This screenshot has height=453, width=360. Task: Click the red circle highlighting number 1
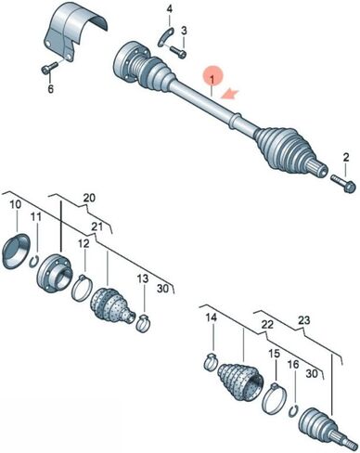pyautogui.click(x=212, y=76)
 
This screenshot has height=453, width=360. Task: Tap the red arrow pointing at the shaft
pyautogui.click(x=229, y=94)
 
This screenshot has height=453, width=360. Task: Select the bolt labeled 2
pyautogui.click(x=341, y=183)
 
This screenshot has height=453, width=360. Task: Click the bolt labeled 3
pyautogui.click(x=178, y=52)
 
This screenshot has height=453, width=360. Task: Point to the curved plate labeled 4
pyautogui.click(x=165, y=37)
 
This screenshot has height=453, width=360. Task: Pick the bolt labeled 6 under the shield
pyautogui.click(x=49, y=68)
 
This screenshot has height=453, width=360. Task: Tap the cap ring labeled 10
pyautogui.click(x=16, y=252)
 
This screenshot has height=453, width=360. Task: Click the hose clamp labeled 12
pyautogui.click(x=82, y=289)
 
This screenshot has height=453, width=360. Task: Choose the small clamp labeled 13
pyautogui.click(x=143, y=324)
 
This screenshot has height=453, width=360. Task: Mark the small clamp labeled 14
pyautogui.click(x=212, y=361)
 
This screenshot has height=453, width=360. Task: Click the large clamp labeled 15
pyautogui.click(x=273, y=398)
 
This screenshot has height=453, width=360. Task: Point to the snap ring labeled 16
pyautogui.click(x=293, y=411)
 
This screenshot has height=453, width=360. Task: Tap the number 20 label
pyautogui.click(x=89, y=198)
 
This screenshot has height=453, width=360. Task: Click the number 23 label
pyautogui.click(x=303, y=319)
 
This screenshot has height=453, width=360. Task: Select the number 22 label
pyautogui.click(x=267, y=324)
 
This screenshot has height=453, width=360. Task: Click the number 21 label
pyautogui.click(x=96, y=226)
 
